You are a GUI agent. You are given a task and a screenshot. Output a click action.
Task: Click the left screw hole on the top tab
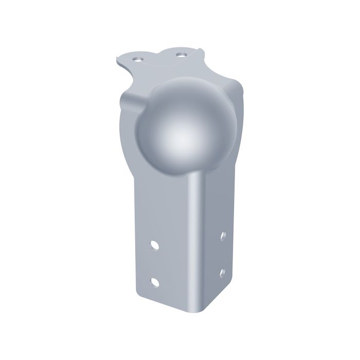pos(137,59)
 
